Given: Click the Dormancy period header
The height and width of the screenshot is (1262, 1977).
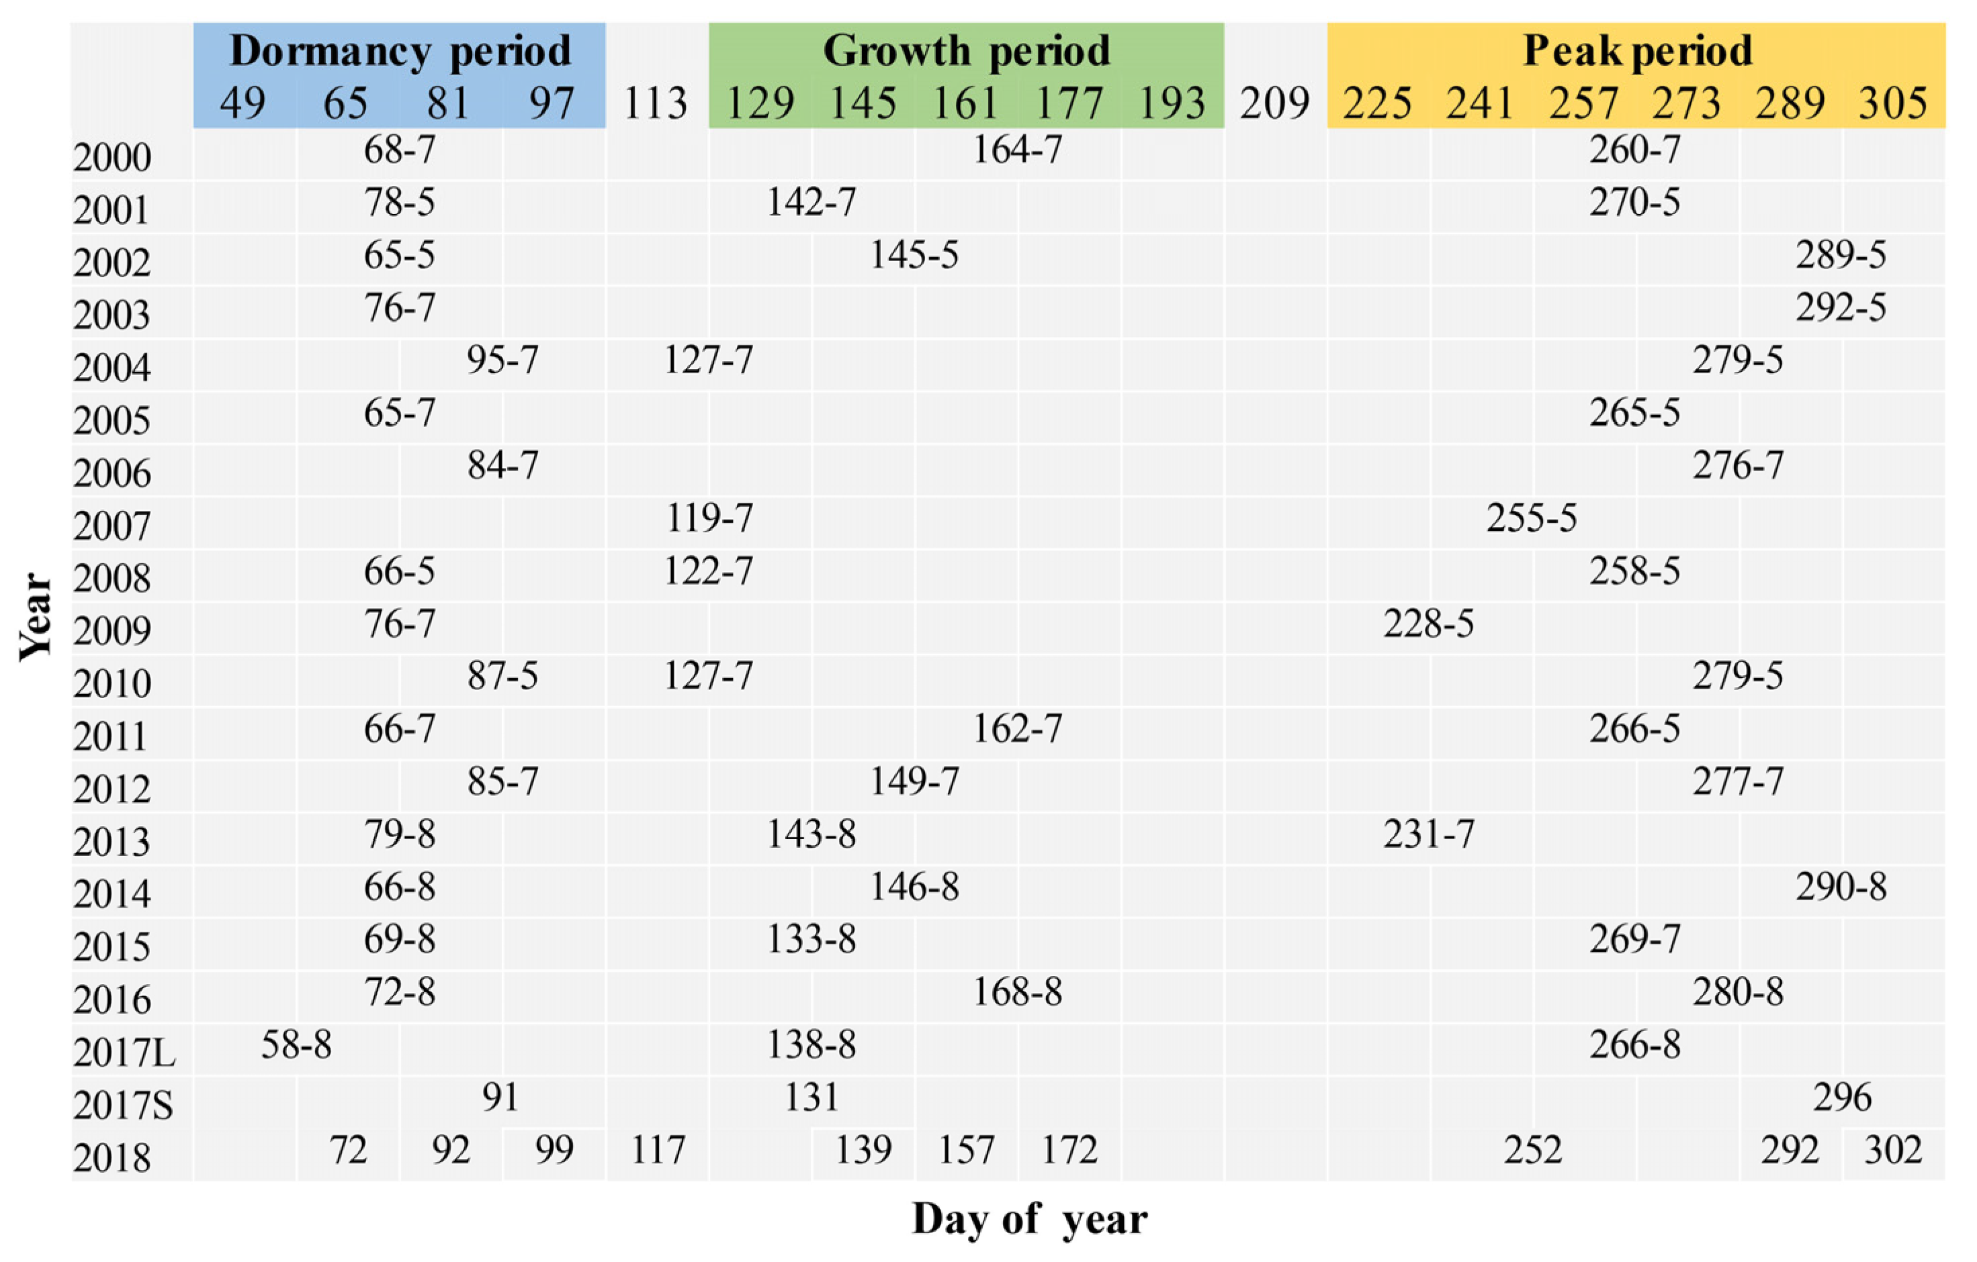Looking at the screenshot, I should pos(400,51).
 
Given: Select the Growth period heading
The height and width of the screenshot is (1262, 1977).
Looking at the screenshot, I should pos(967,51).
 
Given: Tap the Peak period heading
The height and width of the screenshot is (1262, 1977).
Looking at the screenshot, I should pos(1637,51).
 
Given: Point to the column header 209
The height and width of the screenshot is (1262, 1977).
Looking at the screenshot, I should pos(1274,104).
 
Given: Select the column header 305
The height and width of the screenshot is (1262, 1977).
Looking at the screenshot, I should pos(1892,104).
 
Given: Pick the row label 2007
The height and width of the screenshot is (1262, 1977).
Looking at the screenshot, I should pos(112,526).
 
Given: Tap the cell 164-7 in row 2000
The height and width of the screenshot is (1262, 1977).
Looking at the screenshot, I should pos(1017,150).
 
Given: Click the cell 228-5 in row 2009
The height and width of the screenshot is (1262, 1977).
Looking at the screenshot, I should pos(1429,624).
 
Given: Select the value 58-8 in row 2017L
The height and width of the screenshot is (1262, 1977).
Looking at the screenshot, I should pos(296,1045).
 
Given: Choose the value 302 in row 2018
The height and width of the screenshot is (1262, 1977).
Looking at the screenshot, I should pos(1893,1151).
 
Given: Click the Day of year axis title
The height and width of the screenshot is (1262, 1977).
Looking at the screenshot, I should pos(1030,1219).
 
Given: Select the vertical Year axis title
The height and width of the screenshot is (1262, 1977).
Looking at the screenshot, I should pos(36,616).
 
